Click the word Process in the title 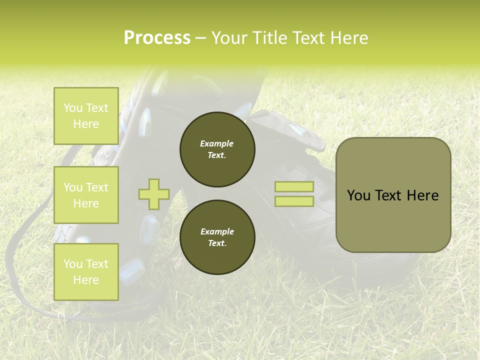click(157, 38)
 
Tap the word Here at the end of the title click(349, 38)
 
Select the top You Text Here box click(86, 116)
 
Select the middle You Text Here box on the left click(86, 195)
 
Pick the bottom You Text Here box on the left click(86, 271)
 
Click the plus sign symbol click(154, 194)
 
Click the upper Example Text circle click(217, 149)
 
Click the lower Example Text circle click(217, 237)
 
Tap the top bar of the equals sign click(294, 187)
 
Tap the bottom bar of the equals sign click(294, 201)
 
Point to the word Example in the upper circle click(217, 144)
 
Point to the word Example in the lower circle click(217, 232)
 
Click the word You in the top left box click(73, 108)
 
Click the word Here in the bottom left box click(86, 280)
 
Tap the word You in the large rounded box click(358, 195)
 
